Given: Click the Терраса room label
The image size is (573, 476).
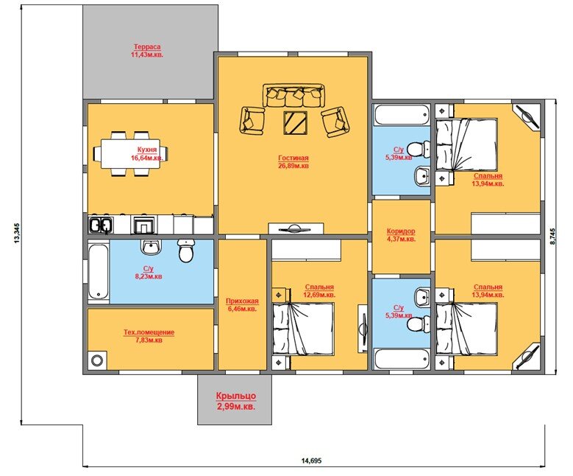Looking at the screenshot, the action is (x=147, y=47).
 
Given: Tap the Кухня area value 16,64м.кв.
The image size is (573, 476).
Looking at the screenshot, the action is (x=147, y=158).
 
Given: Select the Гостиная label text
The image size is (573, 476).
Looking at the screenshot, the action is (x=293, y=158).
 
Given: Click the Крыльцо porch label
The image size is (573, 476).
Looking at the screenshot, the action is (x=235, y=396).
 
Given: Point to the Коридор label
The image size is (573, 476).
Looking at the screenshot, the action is (x=401, y=231).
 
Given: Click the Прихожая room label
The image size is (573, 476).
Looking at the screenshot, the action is (x=242, y=301).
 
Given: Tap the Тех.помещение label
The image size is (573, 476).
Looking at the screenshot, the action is (x=149, y=332).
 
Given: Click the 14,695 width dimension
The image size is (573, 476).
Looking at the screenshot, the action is (x=311, y=461).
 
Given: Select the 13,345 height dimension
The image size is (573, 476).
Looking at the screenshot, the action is (x=16, y=233).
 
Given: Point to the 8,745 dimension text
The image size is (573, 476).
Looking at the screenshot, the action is (x=552, y=237).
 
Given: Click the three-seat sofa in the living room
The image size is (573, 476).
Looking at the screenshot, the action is (x=293, y=96).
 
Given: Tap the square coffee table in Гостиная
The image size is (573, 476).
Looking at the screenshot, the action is (x=294, y=122).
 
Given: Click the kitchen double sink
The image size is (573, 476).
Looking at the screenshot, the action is (x=100, y=225).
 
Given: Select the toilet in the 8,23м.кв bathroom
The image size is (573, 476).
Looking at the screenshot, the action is (x=186, y=251).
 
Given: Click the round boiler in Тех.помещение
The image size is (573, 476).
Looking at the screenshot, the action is (x=97, y=360).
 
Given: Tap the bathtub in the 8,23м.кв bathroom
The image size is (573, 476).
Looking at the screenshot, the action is (x=99, y=272).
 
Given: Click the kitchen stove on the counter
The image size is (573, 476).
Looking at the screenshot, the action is (x=144, y=225).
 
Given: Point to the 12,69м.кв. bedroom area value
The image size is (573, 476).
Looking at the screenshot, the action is (x=319, y=295).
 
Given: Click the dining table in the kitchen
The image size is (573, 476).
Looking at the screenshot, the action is (x=130, y=153).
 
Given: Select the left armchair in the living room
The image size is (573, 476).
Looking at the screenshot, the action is (x=252, y=120).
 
